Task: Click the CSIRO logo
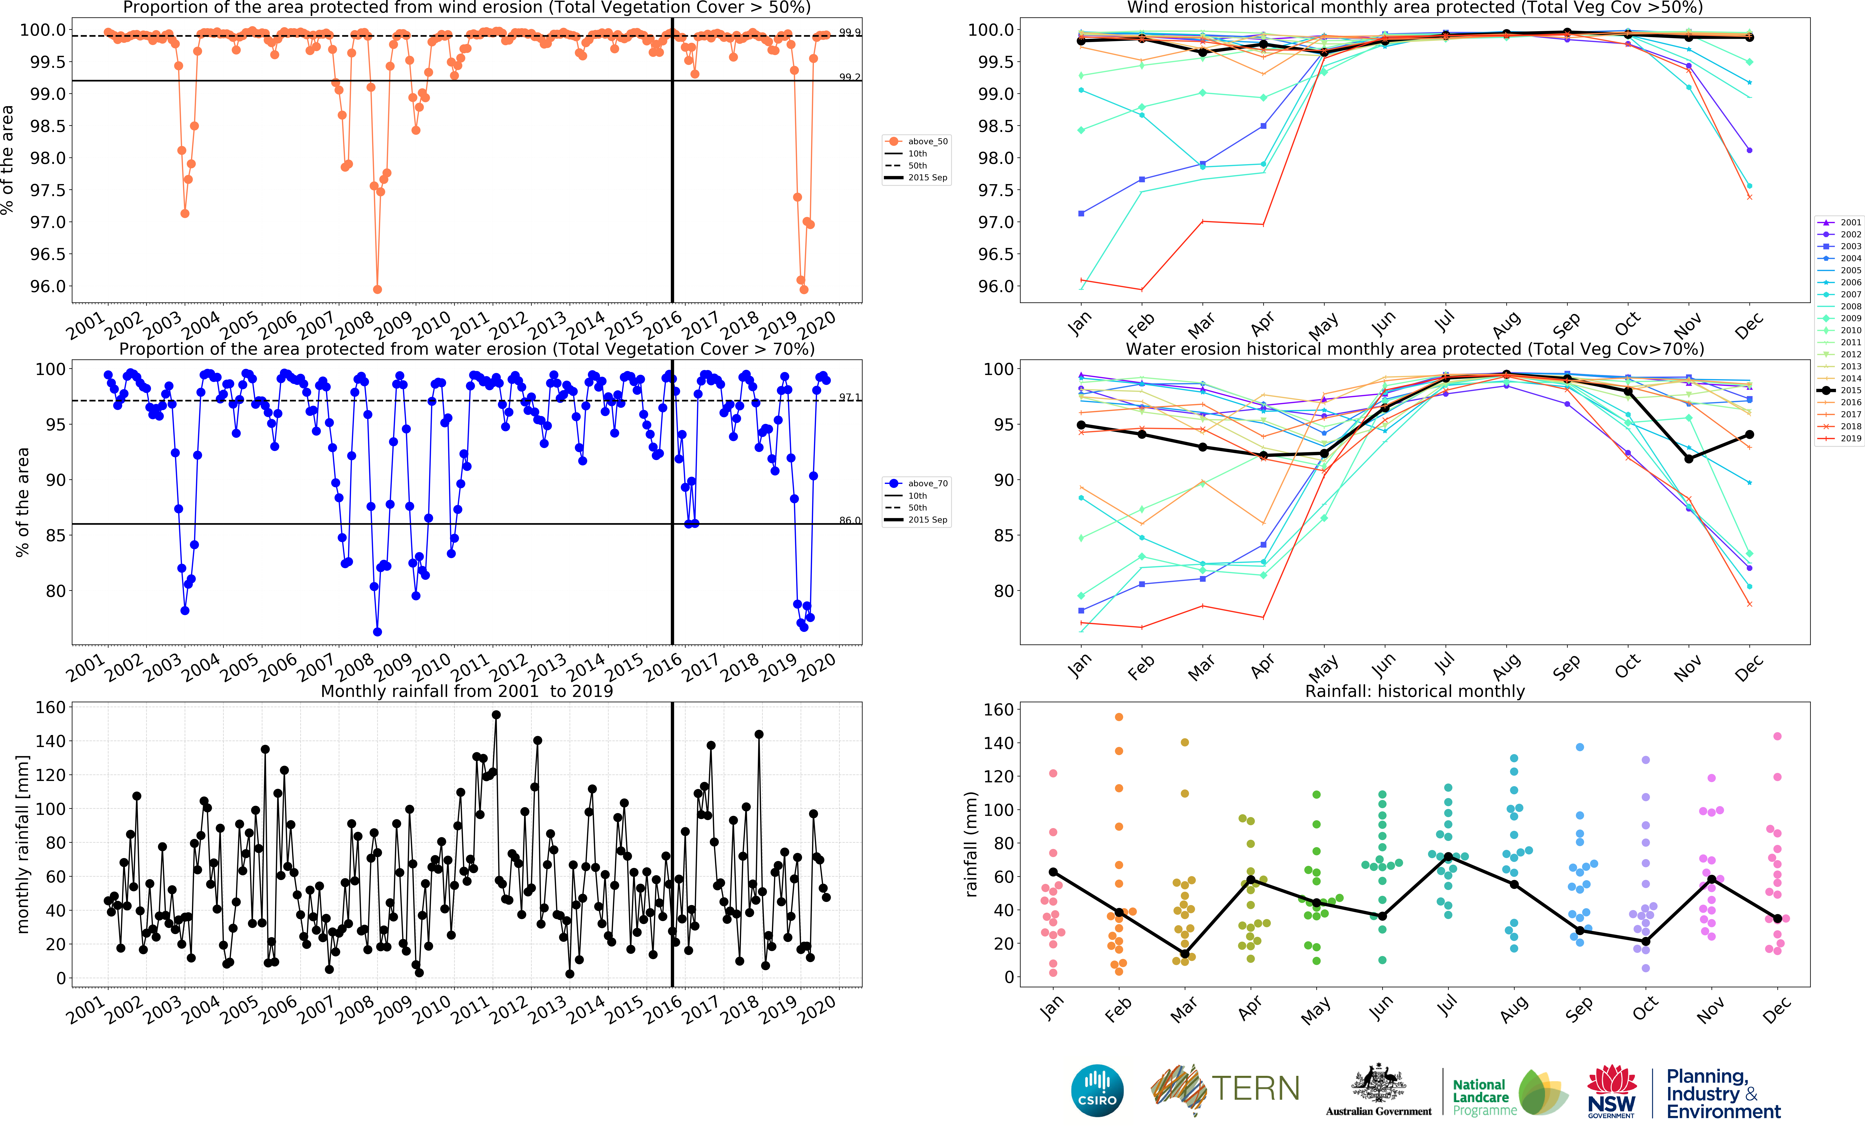click(x=1097, y=1090)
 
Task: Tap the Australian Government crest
click(x=1378, y=1084)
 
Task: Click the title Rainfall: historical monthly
click(x=1415, y=691)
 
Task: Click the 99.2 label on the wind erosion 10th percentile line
click(x=849, y=77)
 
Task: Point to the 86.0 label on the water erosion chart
click(x=849, y=521)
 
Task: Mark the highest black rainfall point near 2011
click(x=496, y=714)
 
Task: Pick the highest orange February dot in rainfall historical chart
click(x=1119, y=717)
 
